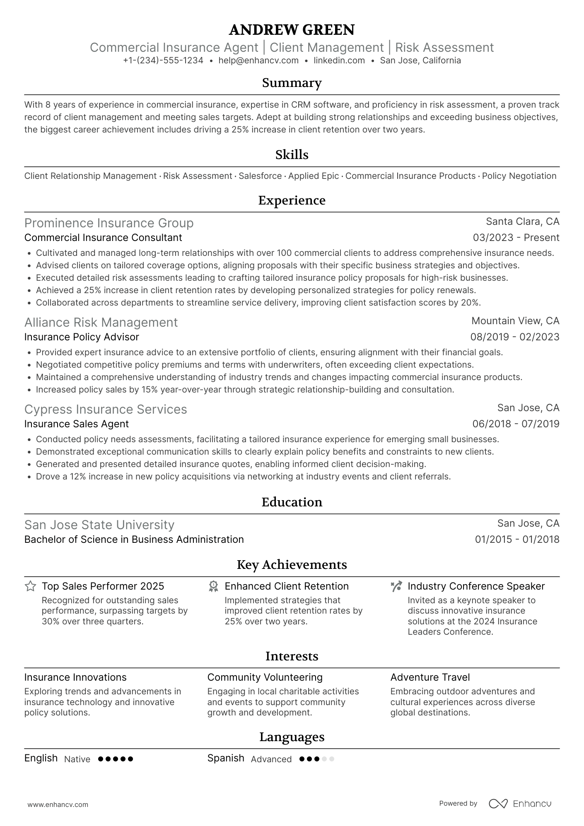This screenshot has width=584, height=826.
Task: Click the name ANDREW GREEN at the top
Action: [292, 30]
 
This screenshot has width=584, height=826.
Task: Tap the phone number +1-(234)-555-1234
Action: [163, 60]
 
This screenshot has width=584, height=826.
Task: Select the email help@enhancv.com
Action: [258, 60]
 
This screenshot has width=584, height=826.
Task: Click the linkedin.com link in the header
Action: [339, 60]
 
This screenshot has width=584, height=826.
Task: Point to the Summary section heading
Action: [292, 83]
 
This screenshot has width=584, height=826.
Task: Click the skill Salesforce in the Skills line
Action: [260, 176]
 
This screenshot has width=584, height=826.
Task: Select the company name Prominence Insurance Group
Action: [109, 223]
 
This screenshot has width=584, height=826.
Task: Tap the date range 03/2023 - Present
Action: [516, 238]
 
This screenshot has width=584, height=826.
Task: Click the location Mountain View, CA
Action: [515, 321]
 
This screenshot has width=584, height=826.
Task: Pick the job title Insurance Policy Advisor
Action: [82, 337]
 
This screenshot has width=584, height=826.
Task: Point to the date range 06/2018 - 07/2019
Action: [516, 424]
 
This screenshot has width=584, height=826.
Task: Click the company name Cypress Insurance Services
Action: [106, 409]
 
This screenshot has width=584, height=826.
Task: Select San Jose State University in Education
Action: [99, 525]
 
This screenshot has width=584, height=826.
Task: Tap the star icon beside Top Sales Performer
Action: [30, 586]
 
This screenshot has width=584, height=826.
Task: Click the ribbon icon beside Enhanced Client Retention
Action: [213, 586]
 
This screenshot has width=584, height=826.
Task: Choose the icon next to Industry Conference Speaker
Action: [396, 586]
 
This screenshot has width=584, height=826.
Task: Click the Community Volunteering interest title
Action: [265, 677]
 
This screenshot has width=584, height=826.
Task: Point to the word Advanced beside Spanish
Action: [271, 759]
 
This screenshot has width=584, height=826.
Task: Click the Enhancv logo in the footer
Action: [520, 804]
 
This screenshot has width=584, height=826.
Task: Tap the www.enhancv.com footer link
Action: [58, 805]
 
